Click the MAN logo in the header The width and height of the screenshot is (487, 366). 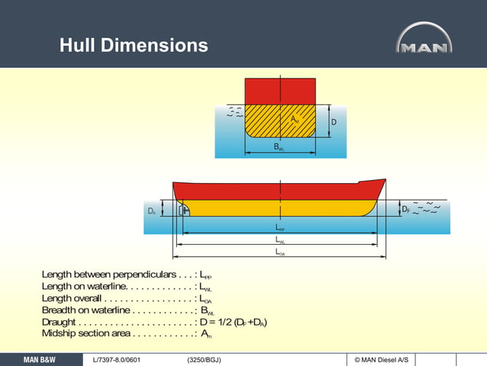tap(424, 39)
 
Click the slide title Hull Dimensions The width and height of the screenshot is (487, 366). tap(134, 46)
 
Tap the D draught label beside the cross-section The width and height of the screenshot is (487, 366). tap(334, 122)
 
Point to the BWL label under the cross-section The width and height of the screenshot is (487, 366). tap(280, 147)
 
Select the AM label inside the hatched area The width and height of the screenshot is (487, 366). tap(295, 120)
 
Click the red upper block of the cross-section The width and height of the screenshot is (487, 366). tap(280, 91)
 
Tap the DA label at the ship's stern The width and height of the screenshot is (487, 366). tap(152, 210)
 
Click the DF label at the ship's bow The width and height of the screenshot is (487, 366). tap(405, 208)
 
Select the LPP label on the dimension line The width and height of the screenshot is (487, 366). tap(279, 228)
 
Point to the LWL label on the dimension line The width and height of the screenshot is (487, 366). tap(280, 240)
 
